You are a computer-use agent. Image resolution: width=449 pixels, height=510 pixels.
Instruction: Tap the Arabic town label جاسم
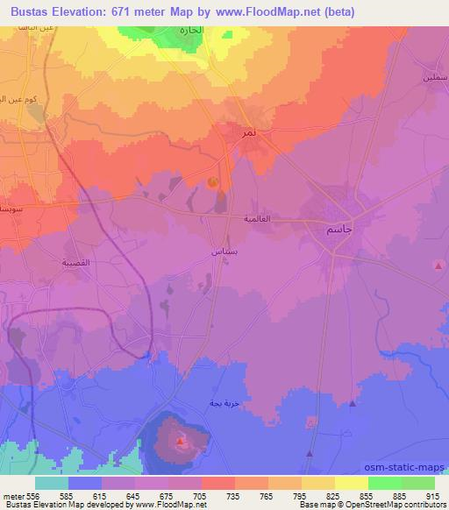pos(328,229)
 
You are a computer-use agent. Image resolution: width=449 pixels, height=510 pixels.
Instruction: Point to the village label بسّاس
pos(224,251)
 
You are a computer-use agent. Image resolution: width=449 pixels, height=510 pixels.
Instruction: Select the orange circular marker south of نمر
pos(213,182)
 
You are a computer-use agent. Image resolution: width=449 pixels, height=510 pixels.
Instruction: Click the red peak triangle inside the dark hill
pos(180,442)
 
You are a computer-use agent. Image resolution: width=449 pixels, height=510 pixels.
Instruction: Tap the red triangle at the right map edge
pos(438,265)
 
